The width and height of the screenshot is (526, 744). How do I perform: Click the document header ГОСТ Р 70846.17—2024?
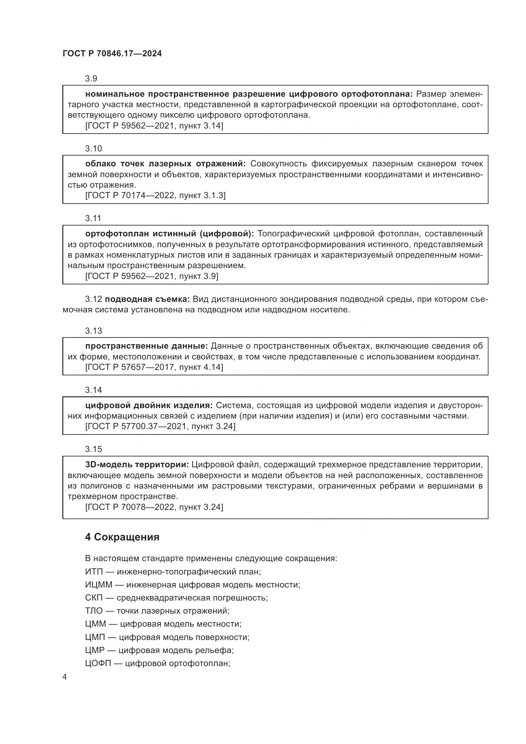[x=112, y=53]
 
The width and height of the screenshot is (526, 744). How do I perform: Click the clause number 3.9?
[x=91, y=79]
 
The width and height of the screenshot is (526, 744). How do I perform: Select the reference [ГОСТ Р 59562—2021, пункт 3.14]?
[x=154, y=126]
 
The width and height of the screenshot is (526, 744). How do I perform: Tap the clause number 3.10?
[x=93, y=149]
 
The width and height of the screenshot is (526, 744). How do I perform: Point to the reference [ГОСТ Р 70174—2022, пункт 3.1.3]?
[x=155, y=195]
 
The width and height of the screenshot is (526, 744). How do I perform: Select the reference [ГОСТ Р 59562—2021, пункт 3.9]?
[x=152, y=276]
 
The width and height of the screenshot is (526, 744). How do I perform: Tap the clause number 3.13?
[x=93, y=330]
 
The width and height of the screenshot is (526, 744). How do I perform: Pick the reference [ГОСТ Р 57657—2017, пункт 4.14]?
[x=154, y=367]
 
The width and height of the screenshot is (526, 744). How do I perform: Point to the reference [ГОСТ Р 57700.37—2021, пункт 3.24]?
[x=160, y=426]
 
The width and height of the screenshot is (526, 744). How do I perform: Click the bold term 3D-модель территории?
[x=137, y=465]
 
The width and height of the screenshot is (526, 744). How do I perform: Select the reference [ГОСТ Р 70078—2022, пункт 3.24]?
[x=154, y=507]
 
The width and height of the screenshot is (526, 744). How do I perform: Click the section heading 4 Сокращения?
[x=122, y=537]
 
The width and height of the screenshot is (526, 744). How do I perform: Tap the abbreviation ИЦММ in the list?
[x=99, y=585]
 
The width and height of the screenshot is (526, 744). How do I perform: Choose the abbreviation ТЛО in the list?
[x=93, y=611]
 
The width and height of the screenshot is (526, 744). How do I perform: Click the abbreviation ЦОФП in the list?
[x=98, y=663]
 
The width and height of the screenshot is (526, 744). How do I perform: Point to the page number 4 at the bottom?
[x=65, y=677]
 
